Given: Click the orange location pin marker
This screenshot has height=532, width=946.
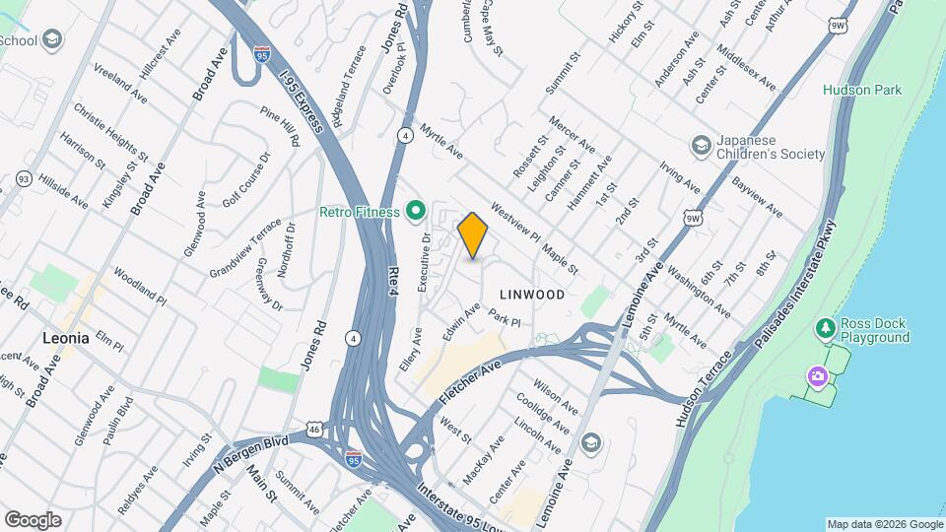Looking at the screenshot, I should coord(473,234).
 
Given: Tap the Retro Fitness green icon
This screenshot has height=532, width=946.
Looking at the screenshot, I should coord(416,210).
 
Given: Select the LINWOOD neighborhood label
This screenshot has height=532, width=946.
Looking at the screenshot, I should coord(532,295).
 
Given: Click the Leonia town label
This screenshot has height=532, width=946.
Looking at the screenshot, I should coord(66,337).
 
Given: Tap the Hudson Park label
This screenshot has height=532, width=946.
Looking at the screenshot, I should coord(862,90).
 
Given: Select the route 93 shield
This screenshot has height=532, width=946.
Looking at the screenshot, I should coord(24,179).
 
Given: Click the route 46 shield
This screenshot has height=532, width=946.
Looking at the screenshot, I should coord(313,429).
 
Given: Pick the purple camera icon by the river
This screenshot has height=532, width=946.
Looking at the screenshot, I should coord(817,376).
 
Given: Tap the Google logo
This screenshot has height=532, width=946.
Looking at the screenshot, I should coord(33,519).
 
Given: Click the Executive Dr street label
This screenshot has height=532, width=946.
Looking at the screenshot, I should coord(425,261).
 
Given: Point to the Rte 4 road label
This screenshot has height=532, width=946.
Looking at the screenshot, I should coord(393,275).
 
